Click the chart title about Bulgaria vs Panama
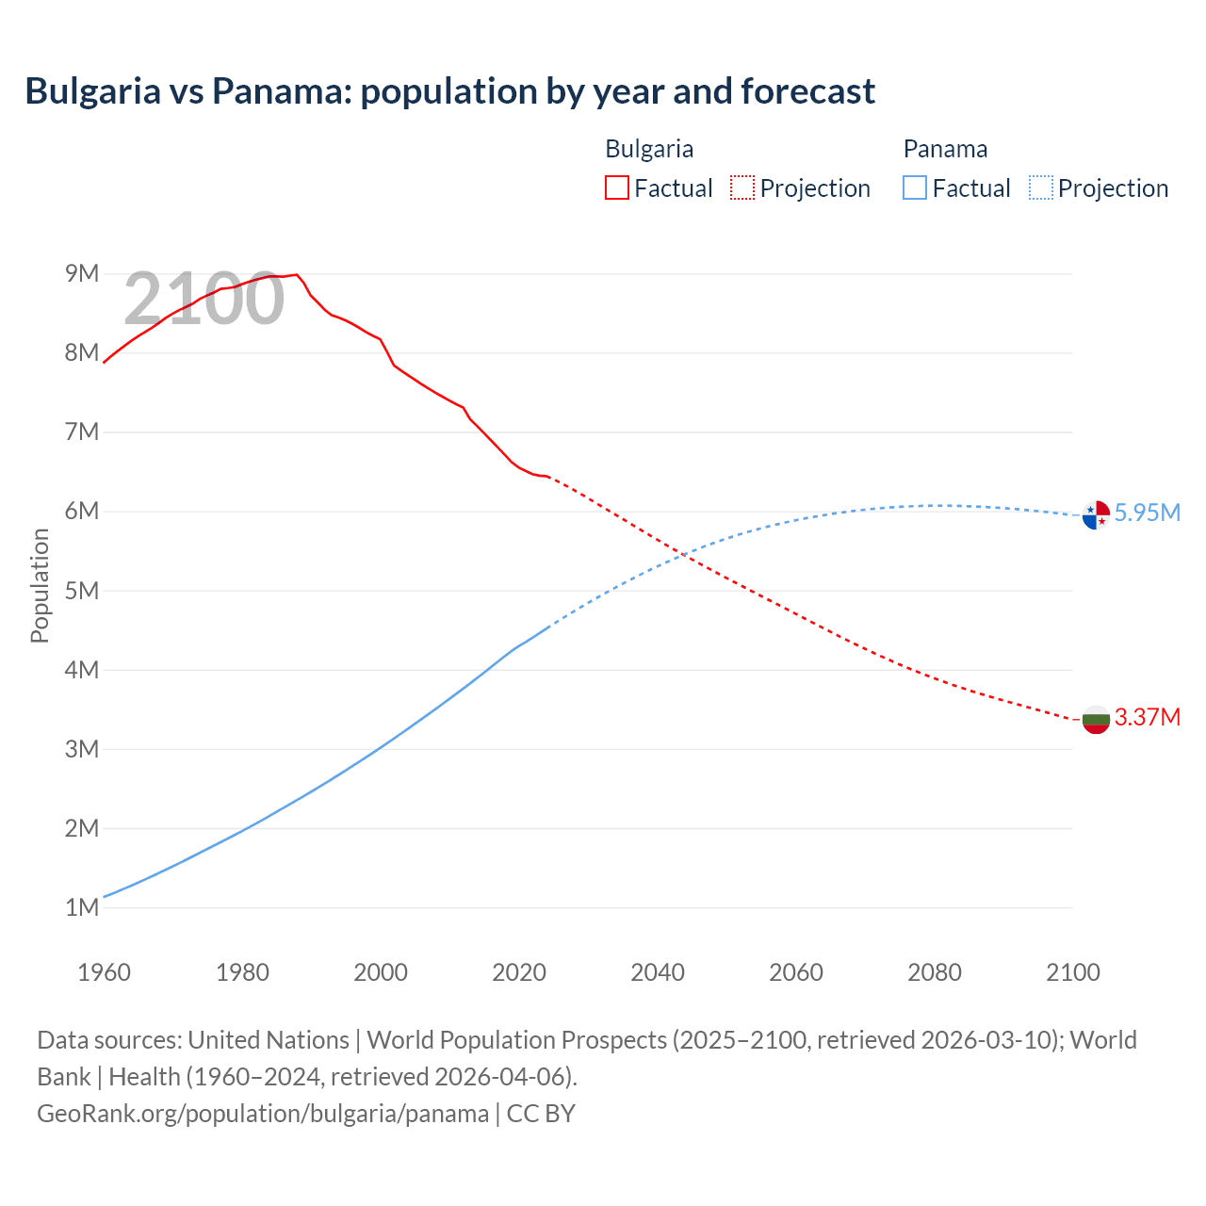click(449, 91)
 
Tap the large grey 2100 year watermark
click(204, 299)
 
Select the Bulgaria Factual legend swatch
click(616, 187)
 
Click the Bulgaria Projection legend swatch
click(742, 187)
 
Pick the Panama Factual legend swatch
click(914, 187)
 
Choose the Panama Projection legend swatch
click(1040, 187)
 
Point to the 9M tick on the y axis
click(82, 273)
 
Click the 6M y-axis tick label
click(82, 511)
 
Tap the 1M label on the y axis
click(82, 907)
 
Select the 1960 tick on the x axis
click(104, 972)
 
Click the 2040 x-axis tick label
click(658, 972)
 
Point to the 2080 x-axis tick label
click(935, 972)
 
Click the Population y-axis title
click(40, 585)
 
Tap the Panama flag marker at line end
click(1096, 515)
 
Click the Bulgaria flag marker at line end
click(1096, 720)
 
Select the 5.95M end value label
click(1147, 513)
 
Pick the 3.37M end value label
click(1147, 717)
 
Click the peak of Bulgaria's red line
click(297, 274)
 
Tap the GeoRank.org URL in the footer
click(263, 1114)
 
